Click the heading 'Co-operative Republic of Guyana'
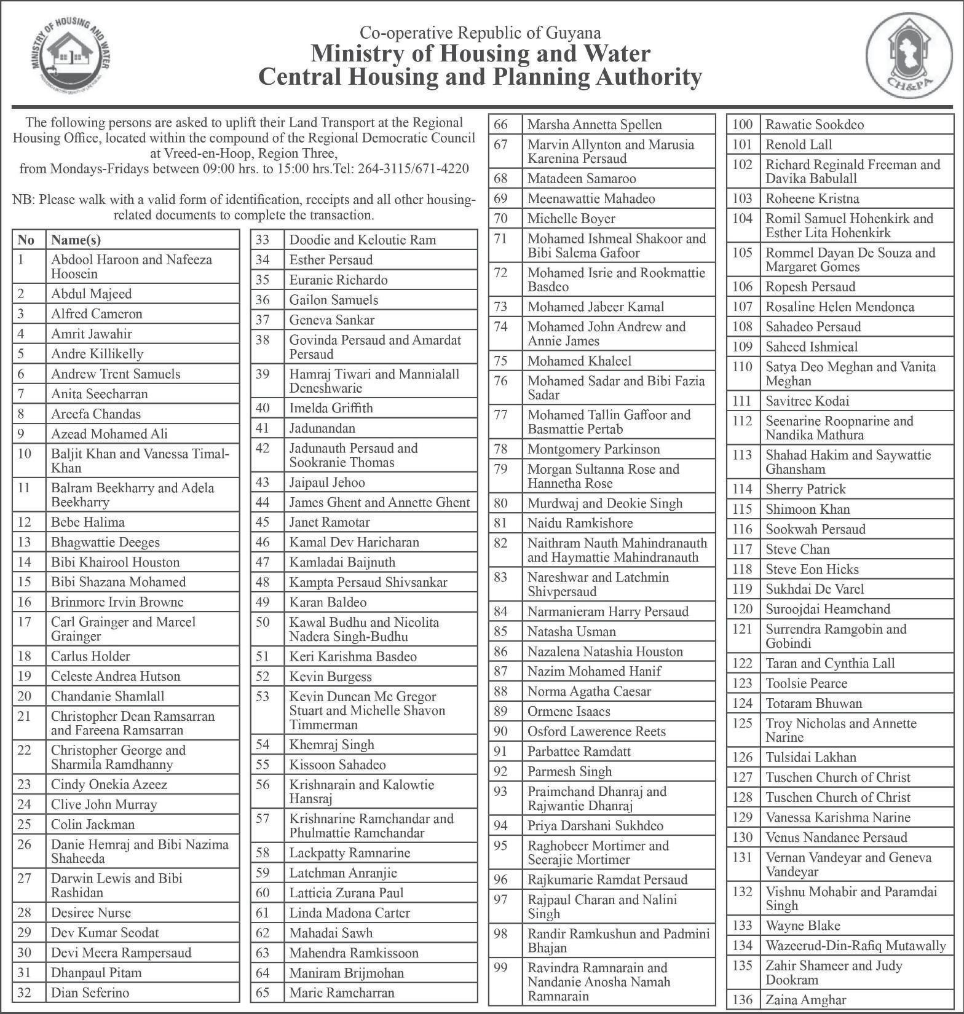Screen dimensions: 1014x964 pos(480,33)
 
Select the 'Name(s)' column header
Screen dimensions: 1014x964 pos(76,240)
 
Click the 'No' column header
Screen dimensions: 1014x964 pos(26,240)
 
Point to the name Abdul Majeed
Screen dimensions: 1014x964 pos(91,294)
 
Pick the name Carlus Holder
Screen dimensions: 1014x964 pos(90,656)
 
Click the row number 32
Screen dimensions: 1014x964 pos(25,992)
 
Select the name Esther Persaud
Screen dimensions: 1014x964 pos(331,260)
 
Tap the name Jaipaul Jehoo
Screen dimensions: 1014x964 pos(327,482)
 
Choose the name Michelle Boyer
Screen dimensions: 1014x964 pos(571,219)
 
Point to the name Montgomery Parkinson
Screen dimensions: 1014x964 pos(593,449)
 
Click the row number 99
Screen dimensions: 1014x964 pos(500,968)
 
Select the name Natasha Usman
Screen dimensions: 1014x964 pos(571,632)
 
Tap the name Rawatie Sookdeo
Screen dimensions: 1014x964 pos(815,125)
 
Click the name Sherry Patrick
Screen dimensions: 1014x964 pos(805,489)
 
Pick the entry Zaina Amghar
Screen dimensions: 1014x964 pos(805,1000)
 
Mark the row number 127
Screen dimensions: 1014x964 pos(743,777)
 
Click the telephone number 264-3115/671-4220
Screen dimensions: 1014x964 pos(413,169)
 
